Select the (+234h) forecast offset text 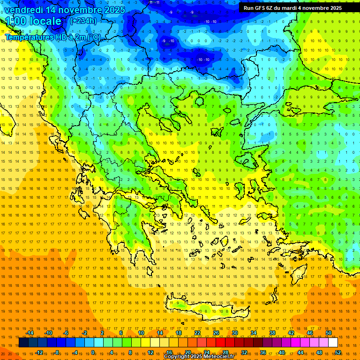point(83,21)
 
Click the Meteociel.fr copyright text point(199,357)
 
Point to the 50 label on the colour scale point(329,333)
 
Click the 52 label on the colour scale point(337,352)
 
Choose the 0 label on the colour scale point(93,352)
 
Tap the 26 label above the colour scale point(216,333)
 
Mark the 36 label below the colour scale point(263,352)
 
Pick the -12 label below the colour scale point(39,352)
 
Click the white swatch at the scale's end point(333,343)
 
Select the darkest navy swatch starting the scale point(24,343)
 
